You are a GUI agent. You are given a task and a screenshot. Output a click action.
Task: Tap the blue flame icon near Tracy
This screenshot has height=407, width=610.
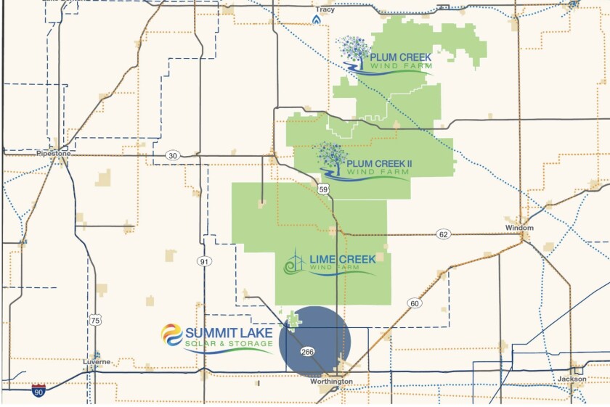[316, 22]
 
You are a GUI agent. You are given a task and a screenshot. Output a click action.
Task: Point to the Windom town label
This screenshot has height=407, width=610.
[519, 228]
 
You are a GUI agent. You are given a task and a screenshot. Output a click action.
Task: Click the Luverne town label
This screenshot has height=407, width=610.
[96, 361]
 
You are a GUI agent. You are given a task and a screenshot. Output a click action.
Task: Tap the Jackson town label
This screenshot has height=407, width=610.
[572, 379]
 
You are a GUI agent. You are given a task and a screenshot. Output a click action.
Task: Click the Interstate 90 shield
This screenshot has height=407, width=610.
[40, 390]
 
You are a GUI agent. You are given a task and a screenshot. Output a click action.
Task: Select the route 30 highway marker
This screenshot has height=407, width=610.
[172, 155]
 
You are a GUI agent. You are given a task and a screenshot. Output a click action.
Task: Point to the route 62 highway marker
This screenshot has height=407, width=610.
[443, 234]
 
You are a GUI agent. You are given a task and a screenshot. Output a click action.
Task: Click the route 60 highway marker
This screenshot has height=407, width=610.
[414, 303]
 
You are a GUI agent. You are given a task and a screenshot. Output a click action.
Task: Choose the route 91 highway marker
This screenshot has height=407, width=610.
[205, 261]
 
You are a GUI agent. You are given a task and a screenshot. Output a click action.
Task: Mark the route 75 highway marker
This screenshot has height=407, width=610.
[95, 320]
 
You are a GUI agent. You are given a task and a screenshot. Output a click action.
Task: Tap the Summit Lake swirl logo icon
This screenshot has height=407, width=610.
[171, 335]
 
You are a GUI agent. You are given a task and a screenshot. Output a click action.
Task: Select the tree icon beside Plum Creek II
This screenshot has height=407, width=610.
[331, 158]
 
